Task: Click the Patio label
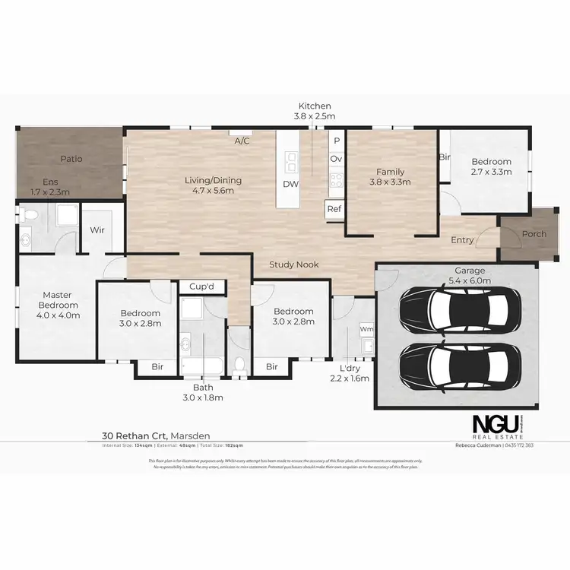[x=71, y=159]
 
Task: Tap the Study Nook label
[x=294, y=264]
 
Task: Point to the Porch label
[x=534, y=234]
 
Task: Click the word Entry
[x=462, y=240]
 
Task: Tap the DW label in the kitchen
[x=290, y=185]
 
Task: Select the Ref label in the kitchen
[x=334, y=208]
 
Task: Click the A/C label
[x=242, y=141]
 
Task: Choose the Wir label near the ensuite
[x=97, y=229]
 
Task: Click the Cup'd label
[x=203, y=287]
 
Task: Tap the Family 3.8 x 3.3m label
[x=390, y=177]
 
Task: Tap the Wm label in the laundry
[x=366, y=329]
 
